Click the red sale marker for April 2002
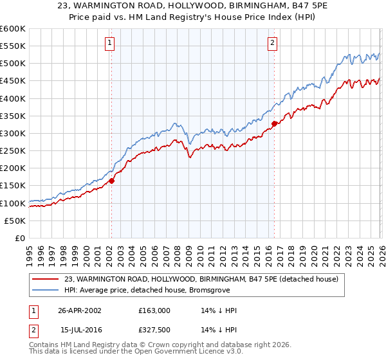(111, 181)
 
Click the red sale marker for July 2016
(274, 123)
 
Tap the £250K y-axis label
(13, 151)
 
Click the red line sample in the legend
(46, 278)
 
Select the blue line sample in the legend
(46, 289)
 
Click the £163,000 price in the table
(154, 310)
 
